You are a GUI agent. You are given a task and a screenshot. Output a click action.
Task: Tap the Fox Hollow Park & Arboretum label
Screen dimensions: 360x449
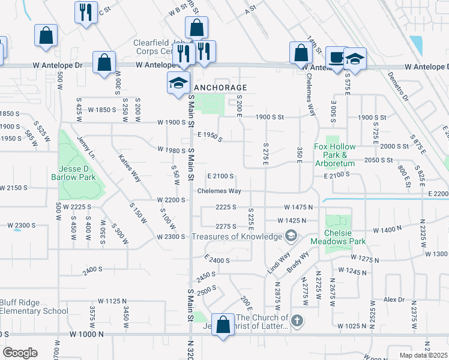pyautogui.click(x=335, y=155)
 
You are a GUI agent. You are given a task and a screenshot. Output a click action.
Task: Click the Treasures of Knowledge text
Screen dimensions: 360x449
pyautogui.click(x=237, y=236)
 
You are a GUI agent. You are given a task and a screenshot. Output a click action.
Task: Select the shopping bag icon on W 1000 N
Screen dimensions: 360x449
pyautogui.click(x=223, y=326)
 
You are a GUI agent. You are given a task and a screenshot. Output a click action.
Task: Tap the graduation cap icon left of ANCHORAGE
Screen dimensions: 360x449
pyautogui.click(x=178, y=82)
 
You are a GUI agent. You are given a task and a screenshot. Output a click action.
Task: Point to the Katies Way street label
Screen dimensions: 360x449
pyautogui.click(x=129, y=169)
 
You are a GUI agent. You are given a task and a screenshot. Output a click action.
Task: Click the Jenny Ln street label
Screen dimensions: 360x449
pyautogui.click(x=86, y=148)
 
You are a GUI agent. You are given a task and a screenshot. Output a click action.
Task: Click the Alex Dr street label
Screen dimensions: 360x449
pyautogui.click(x=394, y=299)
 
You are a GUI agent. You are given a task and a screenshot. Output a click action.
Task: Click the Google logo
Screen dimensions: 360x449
pyautogui.click(x=20, y=353)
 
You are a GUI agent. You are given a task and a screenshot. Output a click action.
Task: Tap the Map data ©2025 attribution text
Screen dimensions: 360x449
pyautogui.click(x=423, y=355)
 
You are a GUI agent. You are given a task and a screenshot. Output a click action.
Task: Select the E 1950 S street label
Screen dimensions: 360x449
pyautogui.click(x=209, y=137)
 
